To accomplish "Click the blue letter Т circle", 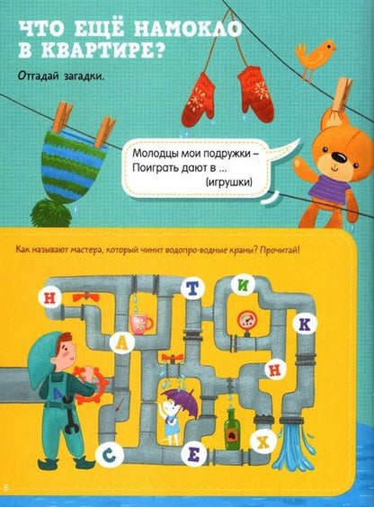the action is (192, 289).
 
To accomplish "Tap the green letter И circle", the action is (243, 285).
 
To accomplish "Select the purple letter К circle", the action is (305, 325).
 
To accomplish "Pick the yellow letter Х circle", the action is (264, 441).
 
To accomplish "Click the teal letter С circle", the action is (110, 455).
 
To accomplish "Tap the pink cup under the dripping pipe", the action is (141, 324).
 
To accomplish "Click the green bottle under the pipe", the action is (232, 429).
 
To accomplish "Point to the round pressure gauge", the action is (247, 320).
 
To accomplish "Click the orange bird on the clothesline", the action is (313, 58).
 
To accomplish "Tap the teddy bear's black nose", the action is (340, 157).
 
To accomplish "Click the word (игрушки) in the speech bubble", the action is (229, 182).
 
